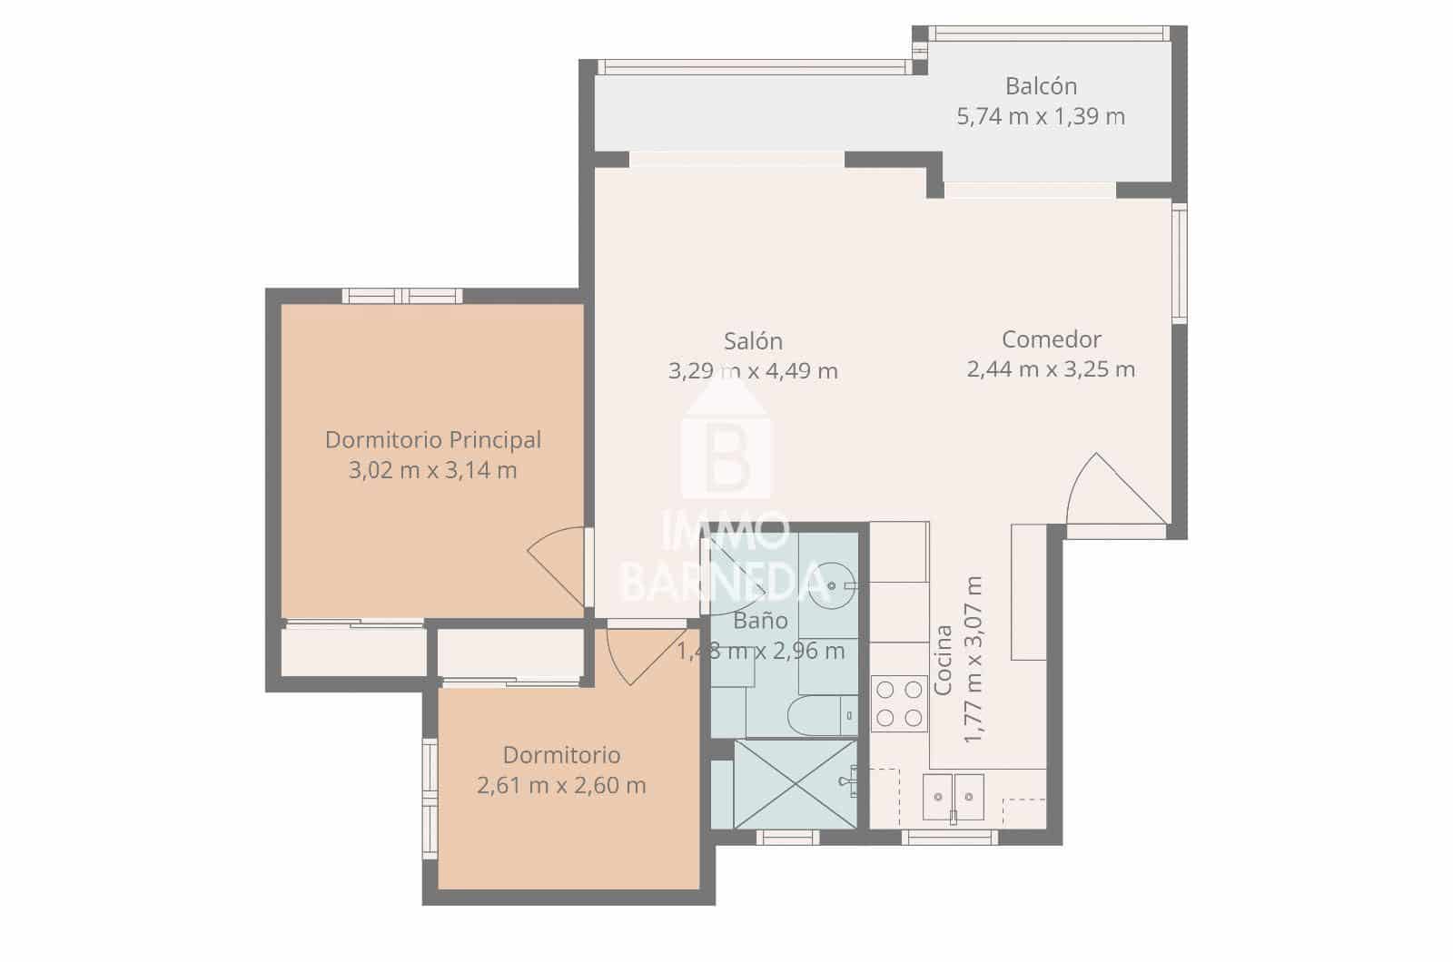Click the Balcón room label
coord(1041,86)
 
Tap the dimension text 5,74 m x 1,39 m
coord(1041,116)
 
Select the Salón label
coord(753,341)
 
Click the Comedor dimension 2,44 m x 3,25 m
coord(1051,369)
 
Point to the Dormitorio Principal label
coord(433,440)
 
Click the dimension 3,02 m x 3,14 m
coord(433,470)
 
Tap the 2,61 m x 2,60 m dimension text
coord(561,785)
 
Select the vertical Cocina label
coord(944,660)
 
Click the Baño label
coord(760,621)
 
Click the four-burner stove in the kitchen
coord(898,703)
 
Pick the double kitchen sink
coord(953,797)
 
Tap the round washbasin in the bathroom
coord(831,585)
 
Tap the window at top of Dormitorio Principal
coord(402,296)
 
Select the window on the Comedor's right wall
coord(1179,263)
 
